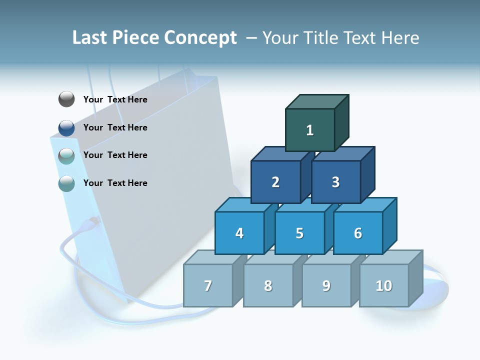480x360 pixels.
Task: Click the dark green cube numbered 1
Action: click(x=310, y=130)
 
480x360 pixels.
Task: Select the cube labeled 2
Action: click(x=275, y=182)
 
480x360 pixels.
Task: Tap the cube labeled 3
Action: click(x=335, y=182)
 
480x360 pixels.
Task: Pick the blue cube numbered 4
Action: click(x=239, y=233)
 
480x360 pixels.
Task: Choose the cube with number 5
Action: click(x=299, y=233)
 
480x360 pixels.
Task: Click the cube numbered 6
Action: click(x=357, y=233)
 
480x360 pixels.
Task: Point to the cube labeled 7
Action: click(x=208, y=285)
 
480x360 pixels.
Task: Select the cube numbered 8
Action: click(x=268, y=285)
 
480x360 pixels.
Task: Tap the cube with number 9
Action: click(x=326, y=285)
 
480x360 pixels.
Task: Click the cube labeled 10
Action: click(x=383, y=285)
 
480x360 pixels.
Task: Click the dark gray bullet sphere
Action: click(x=66, y=99)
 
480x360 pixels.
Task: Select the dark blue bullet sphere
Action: click(x=66, y=128)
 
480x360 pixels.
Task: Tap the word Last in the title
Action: click(x=90, y=38)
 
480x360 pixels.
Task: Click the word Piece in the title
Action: click(x=136, y=38)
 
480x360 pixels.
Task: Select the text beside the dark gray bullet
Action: click(x=115, y=99)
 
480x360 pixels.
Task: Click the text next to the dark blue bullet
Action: click(x=115, y=127)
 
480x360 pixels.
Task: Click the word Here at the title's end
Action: click(x=399, y=38)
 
